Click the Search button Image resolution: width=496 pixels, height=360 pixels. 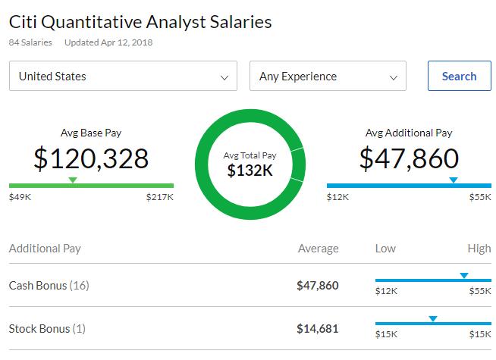tap(459, 76)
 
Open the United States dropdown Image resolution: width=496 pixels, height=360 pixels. tap(123, 76)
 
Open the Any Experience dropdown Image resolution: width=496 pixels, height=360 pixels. tap(328, 76)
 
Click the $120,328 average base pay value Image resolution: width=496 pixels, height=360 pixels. tap(91, 158)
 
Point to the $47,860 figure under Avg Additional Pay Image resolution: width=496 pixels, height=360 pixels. tap(409, 158)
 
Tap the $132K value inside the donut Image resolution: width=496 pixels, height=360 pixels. tap(250, 171)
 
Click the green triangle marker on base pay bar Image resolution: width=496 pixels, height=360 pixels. tap(73, 180)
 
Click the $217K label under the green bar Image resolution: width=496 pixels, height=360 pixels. tap(160, 197)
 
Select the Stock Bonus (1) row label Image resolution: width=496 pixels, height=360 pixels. tap(47, 329)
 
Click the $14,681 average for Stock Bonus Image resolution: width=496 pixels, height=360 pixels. tap(318, 329)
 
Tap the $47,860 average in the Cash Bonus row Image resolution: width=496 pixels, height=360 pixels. tap(318, 286)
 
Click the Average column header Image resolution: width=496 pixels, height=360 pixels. tap(319, 249)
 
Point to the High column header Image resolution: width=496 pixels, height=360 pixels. tap(479, 249)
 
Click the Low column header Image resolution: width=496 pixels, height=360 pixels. tap(385, 249)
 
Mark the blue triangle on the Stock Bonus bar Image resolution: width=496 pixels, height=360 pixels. tap(432, 318)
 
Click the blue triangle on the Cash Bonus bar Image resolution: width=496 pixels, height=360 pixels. tap(464, 275)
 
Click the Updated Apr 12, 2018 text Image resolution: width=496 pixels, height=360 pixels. tap(108, 42)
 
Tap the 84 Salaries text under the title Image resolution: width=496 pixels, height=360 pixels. tap(30, 42)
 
